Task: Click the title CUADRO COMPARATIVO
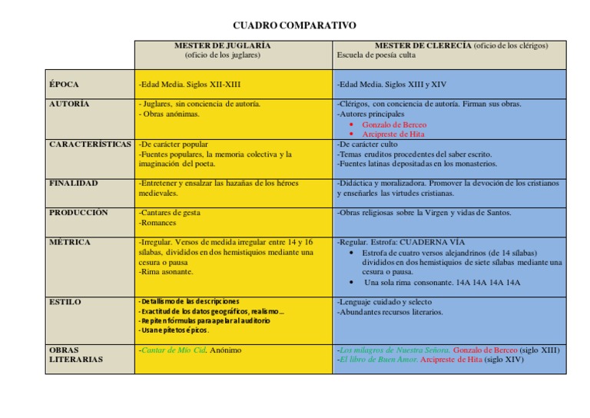(294, 25)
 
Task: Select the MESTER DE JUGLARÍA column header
(223, 45)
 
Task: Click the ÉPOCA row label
(64, 84)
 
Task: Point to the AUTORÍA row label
(68, 104)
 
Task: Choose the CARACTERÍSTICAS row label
(90, 144)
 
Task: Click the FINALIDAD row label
(73, 184)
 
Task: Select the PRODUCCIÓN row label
(78, 213)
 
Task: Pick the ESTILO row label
(65, 302)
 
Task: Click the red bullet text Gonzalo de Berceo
(394, 124)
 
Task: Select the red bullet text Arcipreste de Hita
(394, 134)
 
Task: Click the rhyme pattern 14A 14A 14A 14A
(489, 282)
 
